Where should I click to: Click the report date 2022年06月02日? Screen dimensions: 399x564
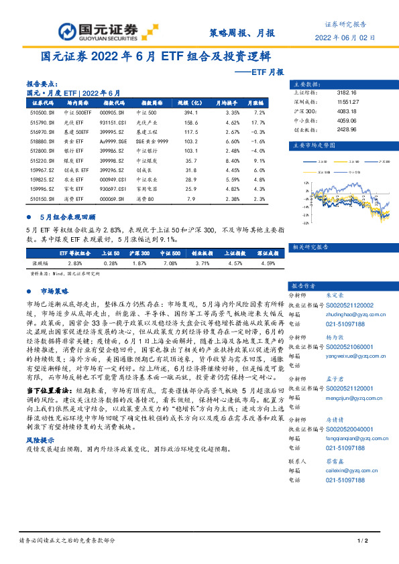pyautogui.click(x=345, y=38)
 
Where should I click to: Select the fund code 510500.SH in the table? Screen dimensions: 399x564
pyautogui.click(x=42, y=114)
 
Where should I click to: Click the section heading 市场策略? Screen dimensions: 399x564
pyautogui.click(x=55, y=291)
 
